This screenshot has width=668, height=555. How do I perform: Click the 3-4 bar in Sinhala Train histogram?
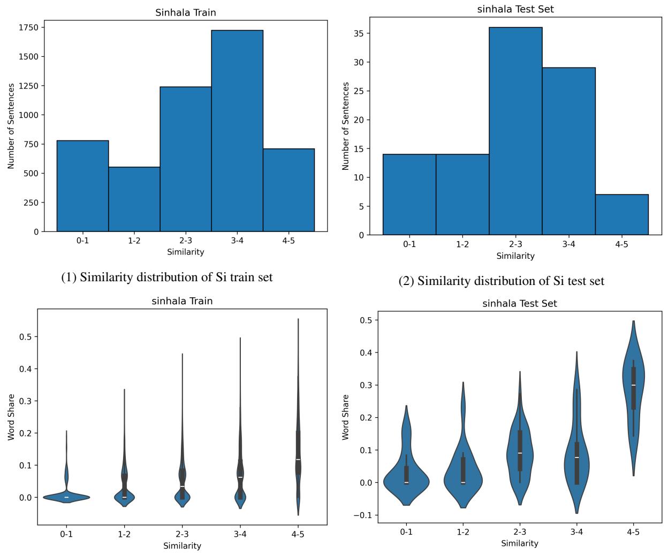237,131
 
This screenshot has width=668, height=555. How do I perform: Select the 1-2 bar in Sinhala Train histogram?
134,199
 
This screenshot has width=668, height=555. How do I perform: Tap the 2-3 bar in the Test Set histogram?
515,131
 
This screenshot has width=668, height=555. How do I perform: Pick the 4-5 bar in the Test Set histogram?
621,215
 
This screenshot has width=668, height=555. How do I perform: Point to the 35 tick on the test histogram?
359,34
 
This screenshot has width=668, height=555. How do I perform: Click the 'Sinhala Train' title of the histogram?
186,12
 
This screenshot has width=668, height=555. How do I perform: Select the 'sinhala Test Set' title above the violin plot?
519,303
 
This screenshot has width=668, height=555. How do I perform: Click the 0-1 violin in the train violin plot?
66,497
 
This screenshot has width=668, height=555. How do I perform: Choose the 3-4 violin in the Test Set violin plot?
576,461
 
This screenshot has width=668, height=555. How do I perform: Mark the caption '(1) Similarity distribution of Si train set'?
166,277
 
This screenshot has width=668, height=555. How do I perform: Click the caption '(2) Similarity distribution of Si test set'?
501,281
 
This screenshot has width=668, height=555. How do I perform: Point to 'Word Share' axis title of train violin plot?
12,417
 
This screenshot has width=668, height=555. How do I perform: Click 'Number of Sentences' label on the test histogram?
346,126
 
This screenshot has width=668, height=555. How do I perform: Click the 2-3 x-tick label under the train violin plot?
182,534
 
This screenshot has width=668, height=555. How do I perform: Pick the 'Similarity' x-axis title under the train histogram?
186,252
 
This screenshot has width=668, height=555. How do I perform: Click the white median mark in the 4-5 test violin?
633,385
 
